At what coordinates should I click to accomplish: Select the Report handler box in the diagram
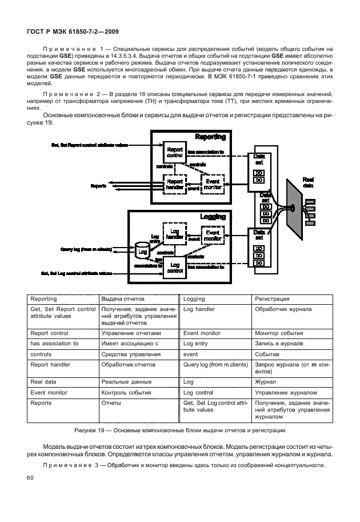click(174, 184)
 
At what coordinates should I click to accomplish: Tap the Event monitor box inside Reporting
click(212, 184)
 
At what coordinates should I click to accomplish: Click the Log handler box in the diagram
click(174, 234)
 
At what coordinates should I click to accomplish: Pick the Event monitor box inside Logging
click(212, 236)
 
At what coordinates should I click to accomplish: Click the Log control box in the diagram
click(175, 268)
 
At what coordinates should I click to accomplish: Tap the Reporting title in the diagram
click(210, 137)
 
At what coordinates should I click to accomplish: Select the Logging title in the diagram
click(213, 217)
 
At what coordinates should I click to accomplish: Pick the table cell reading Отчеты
click(110, 403)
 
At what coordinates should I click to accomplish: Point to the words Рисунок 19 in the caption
click(94, 431)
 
